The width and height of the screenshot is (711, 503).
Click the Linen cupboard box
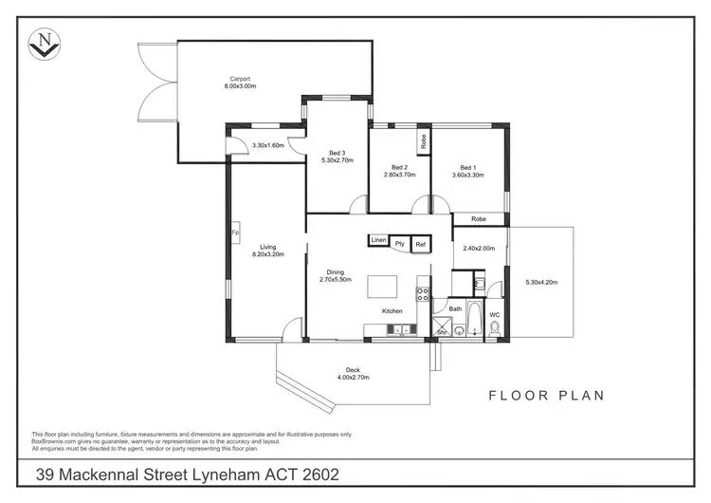click(379, 241)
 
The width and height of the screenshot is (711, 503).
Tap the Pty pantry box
click(400, 244)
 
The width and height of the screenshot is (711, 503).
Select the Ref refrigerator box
click(422, 244)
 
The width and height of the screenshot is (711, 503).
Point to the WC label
click(495, 314)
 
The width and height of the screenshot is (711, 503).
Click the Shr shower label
click(441, 331)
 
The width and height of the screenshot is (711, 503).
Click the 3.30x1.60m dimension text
click(268, 145)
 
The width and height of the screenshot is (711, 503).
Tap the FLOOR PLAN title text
click(546, 395)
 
